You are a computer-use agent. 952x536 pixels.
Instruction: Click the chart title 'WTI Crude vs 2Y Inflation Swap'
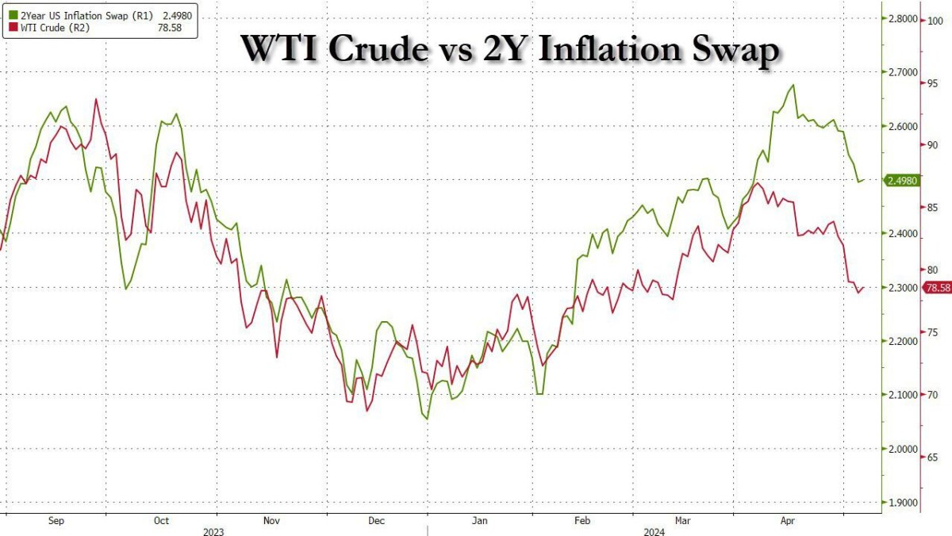pyautogui.click(x=509, y=49)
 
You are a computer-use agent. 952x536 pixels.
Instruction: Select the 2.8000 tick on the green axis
pyautogui.click(x=902, y=18)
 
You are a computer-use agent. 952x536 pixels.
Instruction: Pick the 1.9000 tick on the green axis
pyautogui.click(x=902, y=503)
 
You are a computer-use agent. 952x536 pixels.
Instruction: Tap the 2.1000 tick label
pyautogui.click(x=902, y=395)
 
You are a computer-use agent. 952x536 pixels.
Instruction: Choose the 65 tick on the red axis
pyautogui.click(x=935, y=458)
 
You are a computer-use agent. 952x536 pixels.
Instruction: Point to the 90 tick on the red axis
pyautogui.click(x=935, y=145)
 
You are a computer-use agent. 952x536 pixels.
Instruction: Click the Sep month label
pyautogui.click(x=56, y=521)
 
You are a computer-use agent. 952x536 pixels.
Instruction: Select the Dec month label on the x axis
pyautogui.click(x=377, y=521)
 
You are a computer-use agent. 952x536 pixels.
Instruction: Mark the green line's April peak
pyautogui.click(x=793, y=85)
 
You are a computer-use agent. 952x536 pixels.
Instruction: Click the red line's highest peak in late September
pyautogui.click(x=97, y=99)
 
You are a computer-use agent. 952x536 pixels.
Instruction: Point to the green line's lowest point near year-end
pyautogui.click(x=427, y=419)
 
